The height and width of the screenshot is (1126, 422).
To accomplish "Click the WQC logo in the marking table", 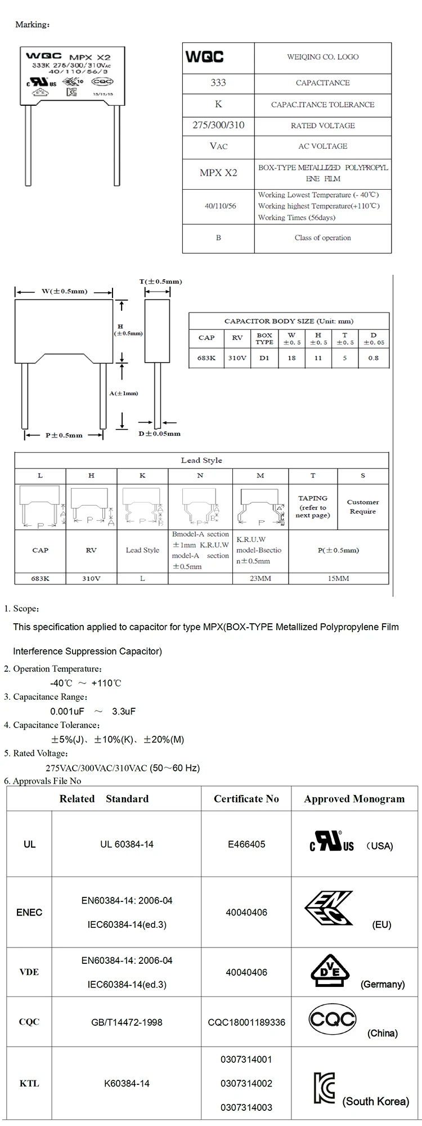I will point(204,57).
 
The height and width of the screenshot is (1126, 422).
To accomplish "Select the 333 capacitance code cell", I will point(218,83).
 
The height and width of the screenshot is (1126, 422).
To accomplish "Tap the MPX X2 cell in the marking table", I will point(218,173).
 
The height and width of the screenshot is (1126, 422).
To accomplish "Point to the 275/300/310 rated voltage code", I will point(218,125).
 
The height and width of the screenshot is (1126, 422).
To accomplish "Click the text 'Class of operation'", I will point(322,238).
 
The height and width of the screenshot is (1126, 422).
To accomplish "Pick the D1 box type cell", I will point(264,358).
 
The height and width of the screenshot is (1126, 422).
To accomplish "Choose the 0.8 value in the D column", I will point(374,358).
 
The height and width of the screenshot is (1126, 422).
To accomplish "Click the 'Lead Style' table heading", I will point(201,460).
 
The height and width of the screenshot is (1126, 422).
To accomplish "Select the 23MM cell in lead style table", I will point(260,578).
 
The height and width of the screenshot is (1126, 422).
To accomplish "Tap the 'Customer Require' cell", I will point(363,507).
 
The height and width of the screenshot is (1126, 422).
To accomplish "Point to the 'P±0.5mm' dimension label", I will point(64,435).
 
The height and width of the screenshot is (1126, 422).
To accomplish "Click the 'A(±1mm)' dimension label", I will point(123,393).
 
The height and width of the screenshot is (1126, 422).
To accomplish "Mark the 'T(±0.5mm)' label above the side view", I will point(160,281).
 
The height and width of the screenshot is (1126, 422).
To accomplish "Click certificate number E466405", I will point(246,844).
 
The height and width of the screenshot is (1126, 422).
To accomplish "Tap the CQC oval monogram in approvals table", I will point(333,1019).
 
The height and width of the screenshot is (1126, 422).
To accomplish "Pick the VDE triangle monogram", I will point(330,970).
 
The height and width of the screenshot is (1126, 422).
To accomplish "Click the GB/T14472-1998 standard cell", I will point(127,1022).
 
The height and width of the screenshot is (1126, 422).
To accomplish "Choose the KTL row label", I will point(29,1083).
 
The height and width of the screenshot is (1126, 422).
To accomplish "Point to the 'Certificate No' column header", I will point(246,798).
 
